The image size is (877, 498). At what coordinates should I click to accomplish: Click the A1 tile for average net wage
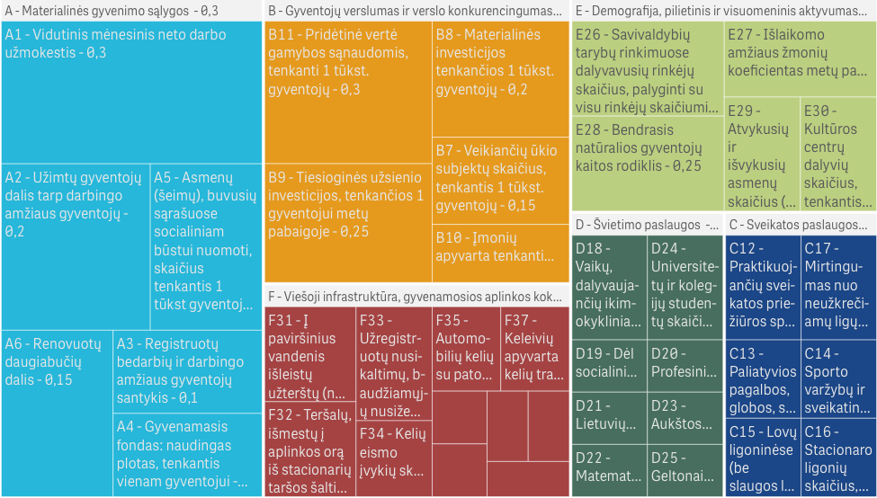point(130,90)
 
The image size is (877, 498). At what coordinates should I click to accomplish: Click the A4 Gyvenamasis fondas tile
point(186,453)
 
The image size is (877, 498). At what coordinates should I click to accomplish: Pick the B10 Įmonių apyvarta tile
point(500,248)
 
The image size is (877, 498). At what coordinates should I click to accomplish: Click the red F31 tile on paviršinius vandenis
point(309,354)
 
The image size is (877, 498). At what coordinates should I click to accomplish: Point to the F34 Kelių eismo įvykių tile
point(393,458)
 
